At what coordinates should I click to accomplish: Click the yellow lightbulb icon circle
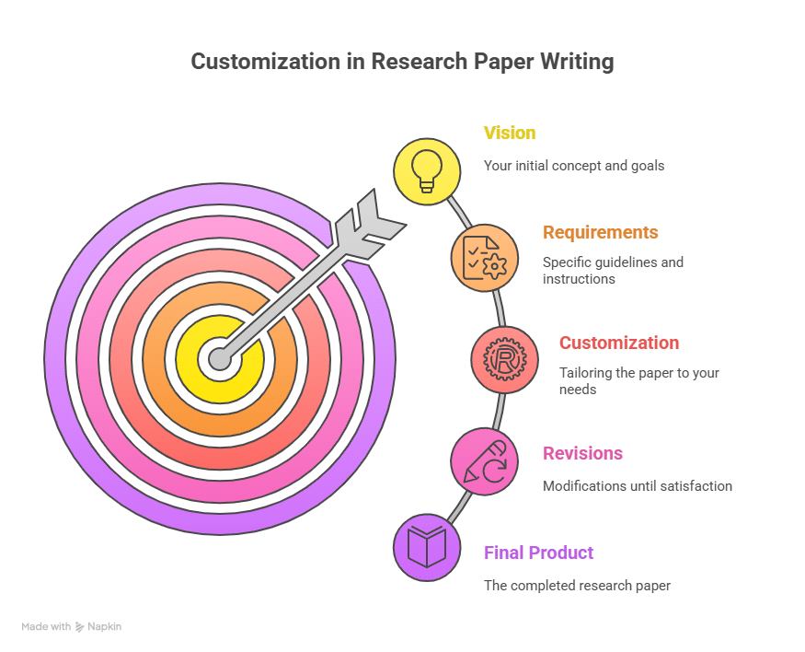click(x=427, y=170)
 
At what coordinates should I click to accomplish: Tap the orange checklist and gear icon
click(x=484, y=258)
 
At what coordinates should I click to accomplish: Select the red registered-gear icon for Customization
click(x=504, y=360)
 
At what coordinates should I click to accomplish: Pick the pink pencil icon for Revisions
click(x=484, y=460)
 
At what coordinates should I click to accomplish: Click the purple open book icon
click(x=427, y=547)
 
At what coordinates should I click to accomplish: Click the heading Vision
click(x=510, y=133)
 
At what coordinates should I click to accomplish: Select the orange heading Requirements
click(x=601, y=232)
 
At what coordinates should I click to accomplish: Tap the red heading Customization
click(x=619, y=343)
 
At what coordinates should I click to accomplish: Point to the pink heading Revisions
click(x=582, y=453)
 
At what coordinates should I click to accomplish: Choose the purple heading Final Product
click(x=539, y=553)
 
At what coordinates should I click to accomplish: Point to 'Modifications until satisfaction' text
click(x=637, y=485)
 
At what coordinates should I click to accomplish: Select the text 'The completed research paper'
click(x=577, y=585)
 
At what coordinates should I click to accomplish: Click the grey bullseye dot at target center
click(x=219, y=359)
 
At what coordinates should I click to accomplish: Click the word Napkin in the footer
click(x=104, y=626)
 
